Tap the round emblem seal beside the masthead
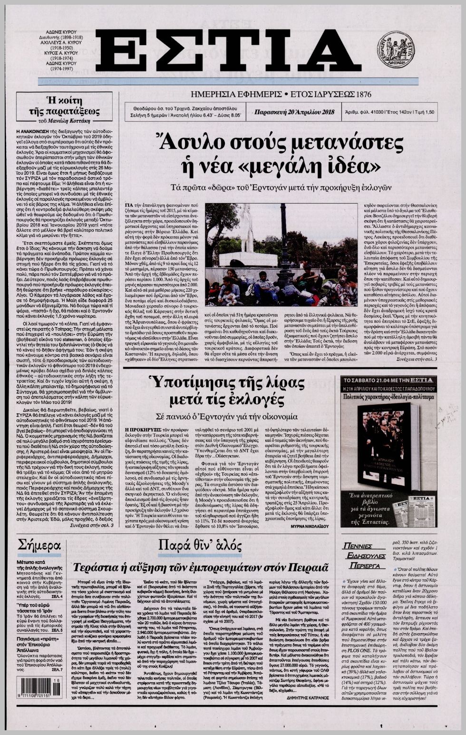click(395, 49)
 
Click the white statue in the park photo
click(246, 231)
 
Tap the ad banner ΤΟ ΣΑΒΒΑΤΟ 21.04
click(388, 380)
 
